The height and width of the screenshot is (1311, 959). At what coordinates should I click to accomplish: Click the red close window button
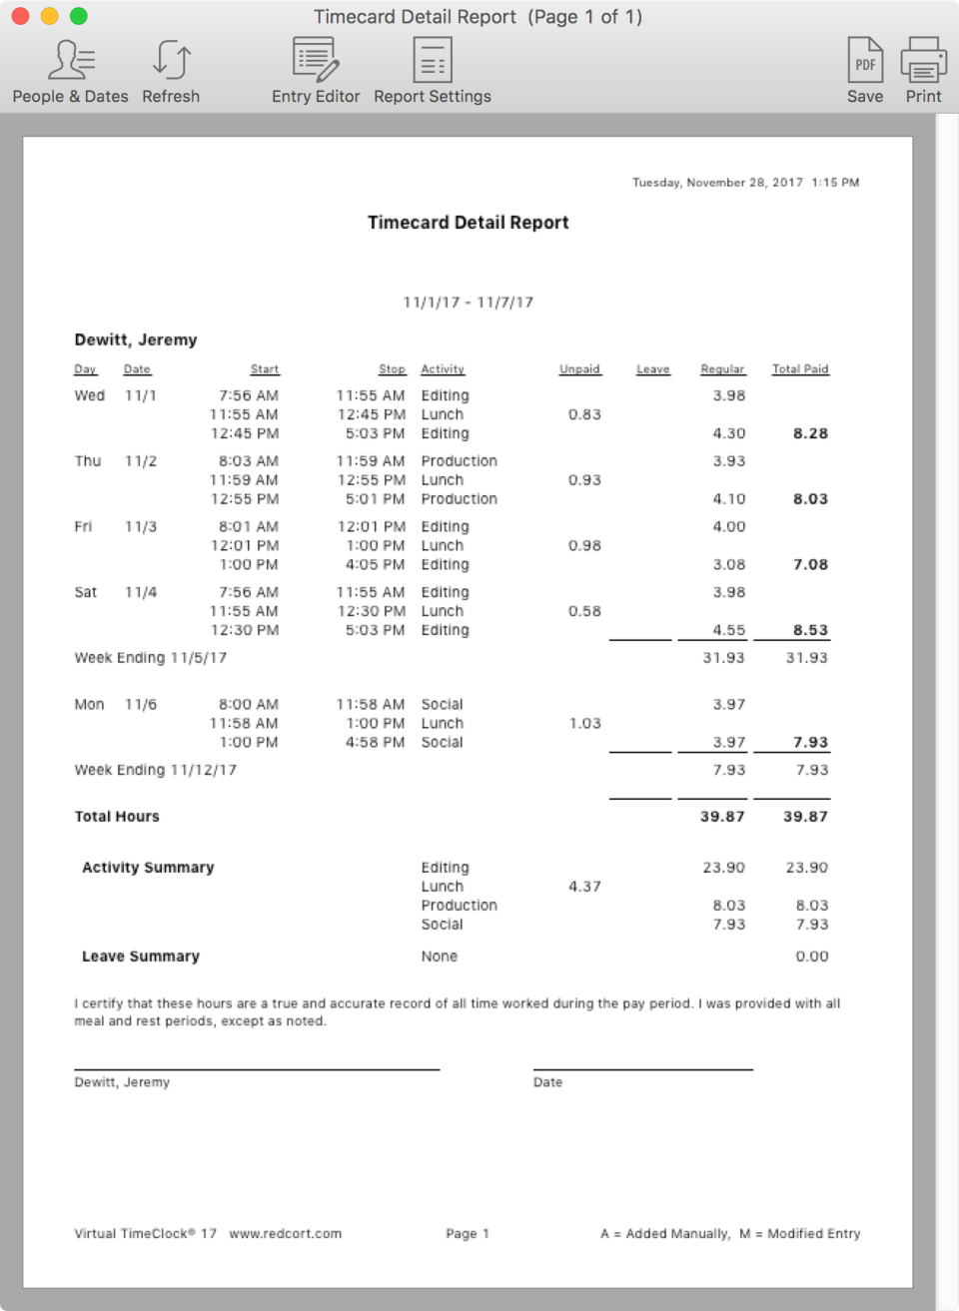[x=20, y=16]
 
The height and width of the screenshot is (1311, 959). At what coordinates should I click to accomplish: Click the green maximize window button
[x=78, y=16]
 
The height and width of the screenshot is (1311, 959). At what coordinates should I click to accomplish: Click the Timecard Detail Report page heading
[x=468, y=223]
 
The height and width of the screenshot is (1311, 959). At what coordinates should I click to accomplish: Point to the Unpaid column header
[x=579, y=369]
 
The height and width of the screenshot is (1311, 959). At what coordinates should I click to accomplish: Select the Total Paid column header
[x=800, y=369]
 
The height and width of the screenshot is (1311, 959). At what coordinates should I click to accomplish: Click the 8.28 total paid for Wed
[x=810, y=433]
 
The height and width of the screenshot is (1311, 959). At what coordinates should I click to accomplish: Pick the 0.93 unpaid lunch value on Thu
[x=584, y=480]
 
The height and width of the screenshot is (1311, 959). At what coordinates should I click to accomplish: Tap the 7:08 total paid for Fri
[x=810, y=564]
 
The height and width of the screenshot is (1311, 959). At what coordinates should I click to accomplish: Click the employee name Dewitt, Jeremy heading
[x=136, y=339]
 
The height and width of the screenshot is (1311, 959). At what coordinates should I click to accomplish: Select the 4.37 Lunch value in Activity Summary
[x=584, y=887]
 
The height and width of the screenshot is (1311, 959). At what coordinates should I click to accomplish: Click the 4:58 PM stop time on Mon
[x=375, y=742]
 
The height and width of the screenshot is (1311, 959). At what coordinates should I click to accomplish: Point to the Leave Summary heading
[x=141, y=957]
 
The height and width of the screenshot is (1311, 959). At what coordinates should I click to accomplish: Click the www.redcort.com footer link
[x=286, y=1234]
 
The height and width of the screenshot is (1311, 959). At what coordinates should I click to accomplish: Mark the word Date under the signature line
[x=547, y=1082]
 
